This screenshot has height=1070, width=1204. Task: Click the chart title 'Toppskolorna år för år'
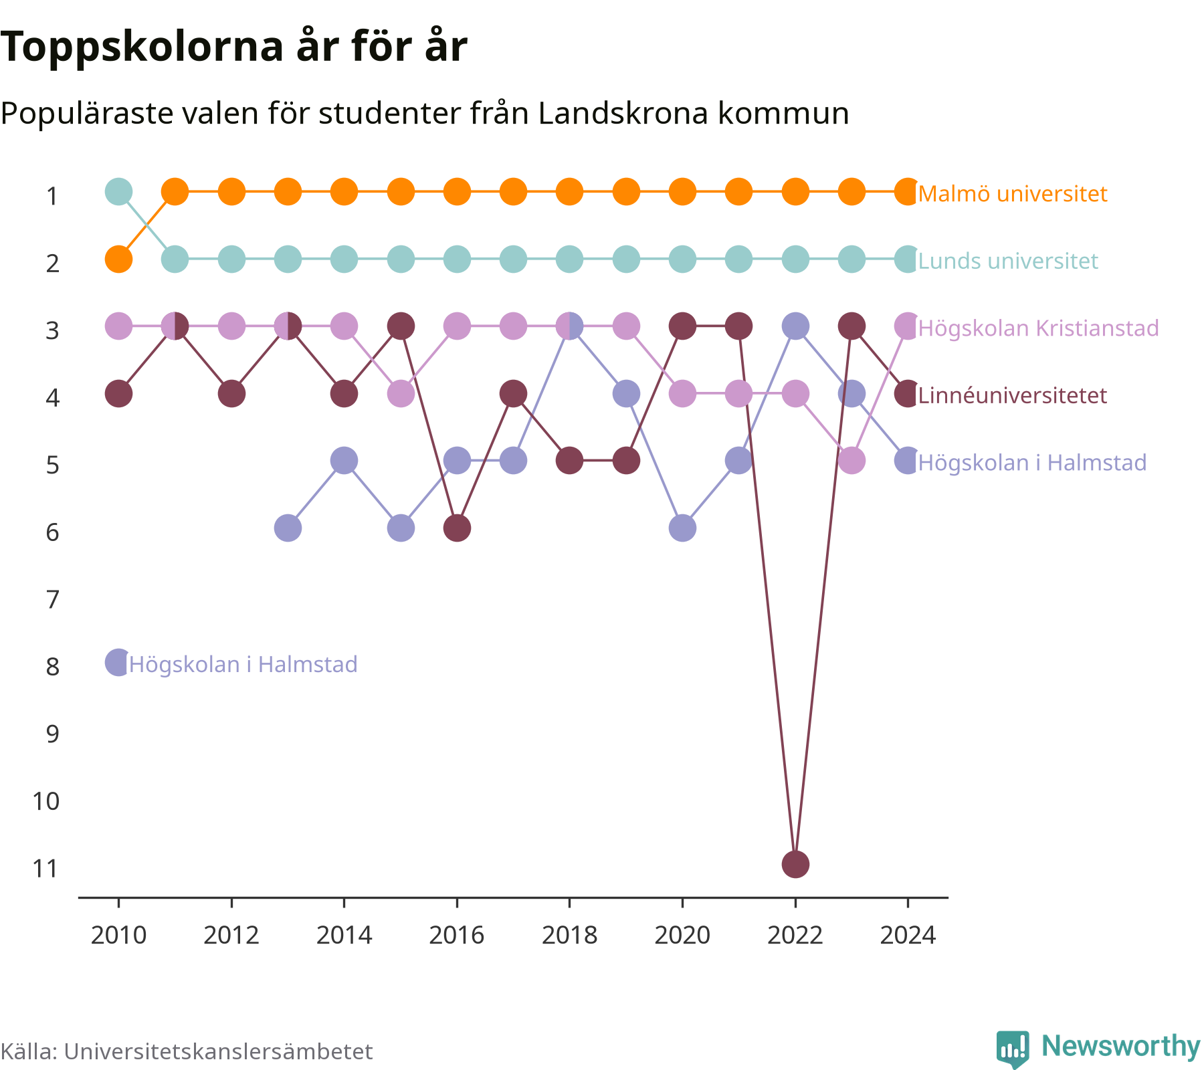pyautogui.click(x=233, y=47)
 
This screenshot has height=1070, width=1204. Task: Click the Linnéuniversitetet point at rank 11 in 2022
pyautogui.click(x=795, y=865)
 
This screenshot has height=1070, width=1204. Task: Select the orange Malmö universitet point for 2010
pyautogui.click(x=118, y=259)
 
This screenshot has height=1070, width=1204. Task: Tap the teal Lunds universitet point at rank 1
pyautogui.click(x=118, y=192)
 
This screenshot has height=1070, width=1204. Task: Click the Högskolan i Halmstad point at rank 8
pyautogui.click(x=118, y=663)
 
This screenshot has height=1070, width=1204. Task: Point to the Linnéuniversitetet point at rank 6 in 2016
pyautogui.click(x=457, y=528)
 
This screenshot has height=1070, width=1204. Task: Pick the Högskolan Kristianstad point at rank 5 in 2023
pyautogui.click(x=851, y=461)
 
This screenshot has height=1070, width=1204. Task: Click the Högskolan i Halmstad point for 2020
pyautogui.click(x=682, y=528)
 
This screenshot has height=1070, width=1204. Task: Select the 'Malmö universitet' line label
pyautogui.click(x=1013, y=194)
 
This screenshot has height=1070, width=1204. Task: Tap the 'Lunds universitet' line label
pyautogui.click(x=1008, y=261)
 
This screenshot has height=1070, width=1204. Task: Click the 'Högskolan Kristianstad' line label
pyautogui.click(x=1038, y=328)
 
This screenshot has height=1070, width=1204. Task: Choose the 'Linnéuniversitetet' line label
pyautogui.click(x=1013, y=395)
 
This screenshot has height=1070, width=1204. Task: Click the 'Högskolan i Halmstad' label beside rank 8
pyautogui.click(x=243, y=664)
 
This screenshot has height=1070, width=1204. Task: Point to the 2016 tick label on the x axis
pyautogui.click(x=457, y=935)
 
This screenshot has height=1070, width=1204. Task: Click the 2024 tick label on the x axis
pyautogui.click(x=908, y=935)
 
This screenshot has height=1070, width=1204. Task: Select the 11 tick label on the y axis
pyautogui.click(x=46, y=869)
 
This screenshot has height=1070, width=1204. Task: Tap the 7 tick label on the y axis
pyautogui.click(x=53, y=600)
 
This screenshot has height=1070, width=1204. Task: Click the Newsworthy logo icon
pyautogui.click(x=1013, y=1049)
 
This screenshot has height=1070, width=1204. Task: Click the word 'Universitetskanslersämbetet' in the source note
pyautogui.click(x=218, y=1051)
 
